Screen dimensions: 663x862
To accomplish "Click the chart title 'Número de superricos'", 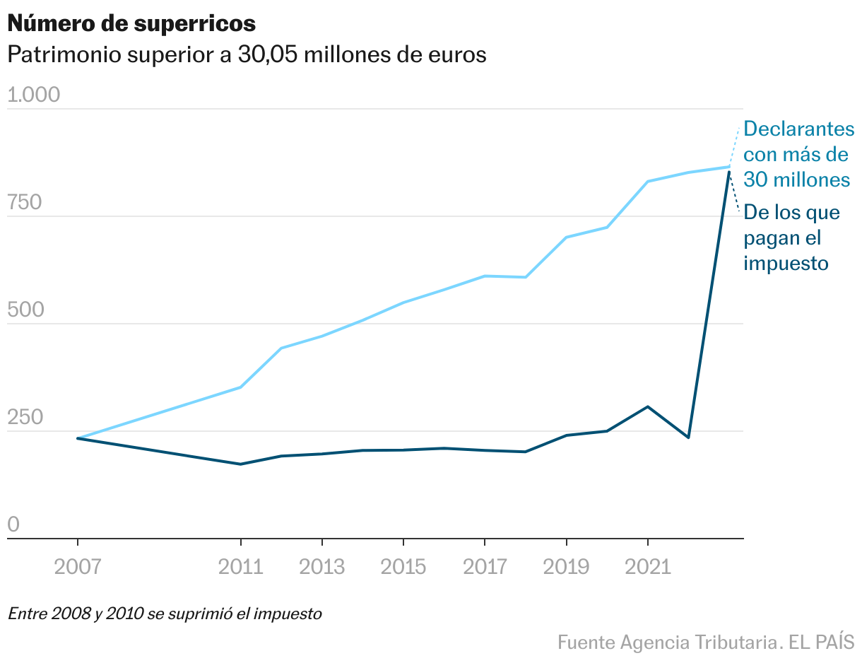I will pos(131,23).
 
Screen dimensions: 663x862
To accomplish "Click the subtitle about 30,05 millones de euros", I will pos(247,54).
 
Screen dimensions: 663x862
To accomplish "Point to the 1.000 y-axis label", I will pos(33,95).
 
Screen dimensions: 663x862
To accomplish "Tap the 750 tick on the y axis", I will pos(24,203).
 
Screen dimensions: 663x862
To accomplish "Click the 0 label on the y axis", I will pos(13,524).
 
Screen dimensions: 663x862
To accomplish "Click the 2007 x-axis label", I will pos(78,566).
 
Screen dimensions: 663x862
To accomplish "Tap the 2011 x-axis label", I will pos(241,566).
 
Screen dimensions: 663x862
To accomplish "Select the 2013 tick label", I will pos(322,566).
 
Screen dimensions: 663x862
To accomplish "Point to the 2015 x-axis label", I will pos(403,566).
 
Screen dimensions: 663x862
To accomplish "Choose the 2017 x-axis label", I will pos(485,566).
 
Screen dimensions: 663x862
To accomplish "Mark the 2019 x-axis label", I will pos(566,566).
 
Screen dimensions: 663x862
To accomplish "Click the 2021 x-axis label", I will pos(647,566).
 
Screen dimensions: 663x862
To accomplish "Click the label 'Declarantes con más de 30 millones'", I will pos(798,154).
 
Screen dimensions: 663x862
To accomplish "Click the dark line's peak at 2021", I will pos(647,407).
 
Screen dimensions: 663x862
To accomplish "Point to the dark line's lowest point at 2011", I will pos(241,464).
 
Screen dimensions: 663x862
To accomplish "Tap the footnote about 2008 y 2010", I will pos(165,614).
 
